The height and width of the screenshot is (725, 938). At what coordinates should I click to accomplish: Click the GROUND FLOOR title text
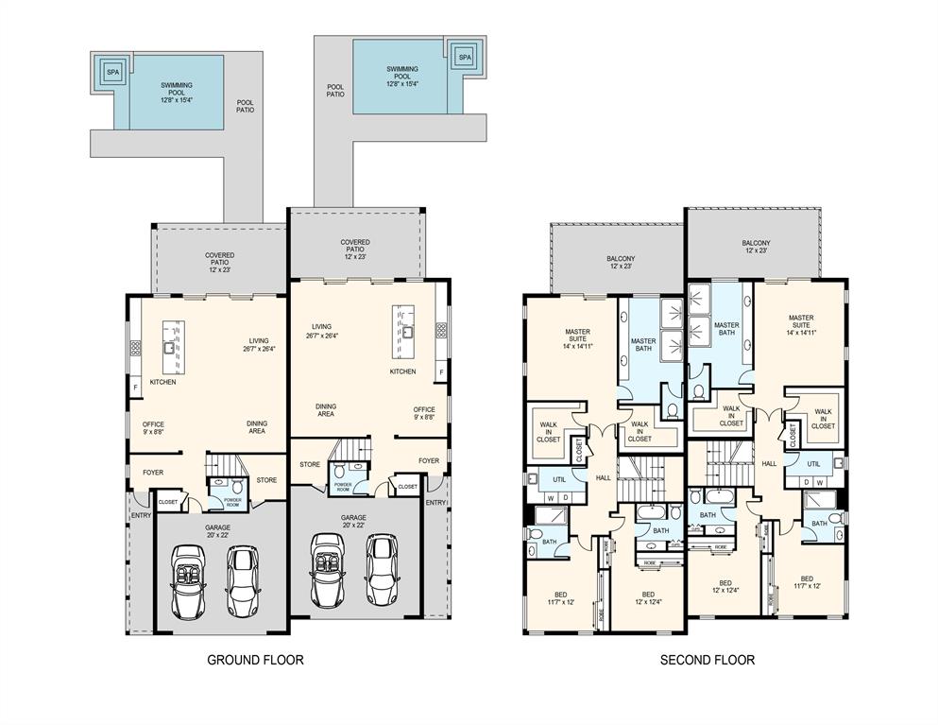(x=255, y=660)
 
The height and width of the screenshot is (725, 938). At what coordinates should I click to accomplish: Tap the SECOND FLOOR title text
(x=707, y=660)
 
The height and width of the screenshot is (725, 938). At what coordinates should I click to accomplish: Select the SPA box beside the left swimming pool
(x=112, y=72)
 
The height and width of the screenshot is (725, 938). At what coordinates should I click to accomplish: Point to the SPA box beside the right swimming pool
(x=464, y=58)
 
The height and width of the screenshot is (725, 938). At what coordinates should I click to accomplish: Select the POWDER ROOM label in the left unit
(x=230, y=501)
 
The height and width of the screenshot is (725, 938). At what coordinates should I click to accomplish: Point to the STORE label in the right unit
(x=310, y=464)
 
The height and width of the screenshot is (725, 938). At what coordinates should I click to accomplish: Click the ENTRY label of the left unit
(x=141, y=515)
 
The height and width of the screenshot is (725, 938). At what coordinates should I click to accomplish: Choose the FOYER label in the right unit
(x=429, y=461)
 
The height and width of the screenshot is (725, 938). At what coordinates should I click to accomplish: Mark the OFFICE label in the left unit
(x=154, y=428)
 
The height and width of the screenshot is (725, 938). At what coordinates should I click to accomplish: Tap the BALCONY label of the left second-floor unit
(x=621, y=262)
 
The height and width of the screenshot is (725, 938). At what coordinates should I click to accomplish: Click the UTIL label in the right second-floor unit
(x=813, y=463)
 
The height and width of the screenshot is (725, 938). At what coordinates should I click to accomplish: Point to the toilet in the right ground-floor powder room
(x=340, y=469)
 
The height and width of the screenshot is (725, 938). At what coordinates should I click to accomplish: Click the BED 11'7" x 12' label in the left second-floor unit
(x=560, y=598)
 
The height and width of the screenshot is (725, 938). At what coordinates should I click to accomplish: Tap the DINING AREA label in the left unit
(x=256, y=427)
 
